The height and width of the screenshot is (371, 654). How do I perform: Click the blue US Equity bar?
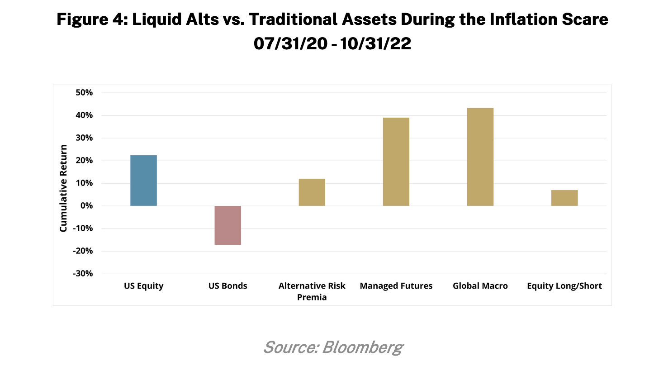coord(143,181)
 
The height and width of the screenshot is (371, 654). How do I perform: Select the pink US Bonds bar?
coord(227,225)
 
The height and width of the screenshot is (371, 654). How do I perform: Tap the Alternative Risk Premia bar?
coord(312,192)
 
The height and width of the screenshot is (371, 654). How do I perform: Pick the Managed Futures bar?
coord(396,162)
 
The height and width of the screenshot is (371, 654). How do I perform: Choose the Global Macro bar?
coord(480,157)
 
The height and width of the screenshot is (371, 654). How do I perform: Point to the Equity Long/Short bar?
coord(564,198)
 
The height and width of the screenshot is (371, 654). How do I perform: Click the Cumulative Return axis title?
coord(63,188)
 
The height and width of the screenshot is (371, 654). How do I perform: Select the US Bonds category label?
coord(227,286)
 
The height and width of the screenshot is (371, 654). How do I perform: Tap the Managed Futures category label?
coord(396,286)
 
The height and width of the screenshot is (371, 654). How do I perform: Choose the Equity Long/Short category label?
coord(564,286)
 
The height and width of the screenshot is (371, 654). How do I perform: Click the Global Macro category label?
coord(480,286)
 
